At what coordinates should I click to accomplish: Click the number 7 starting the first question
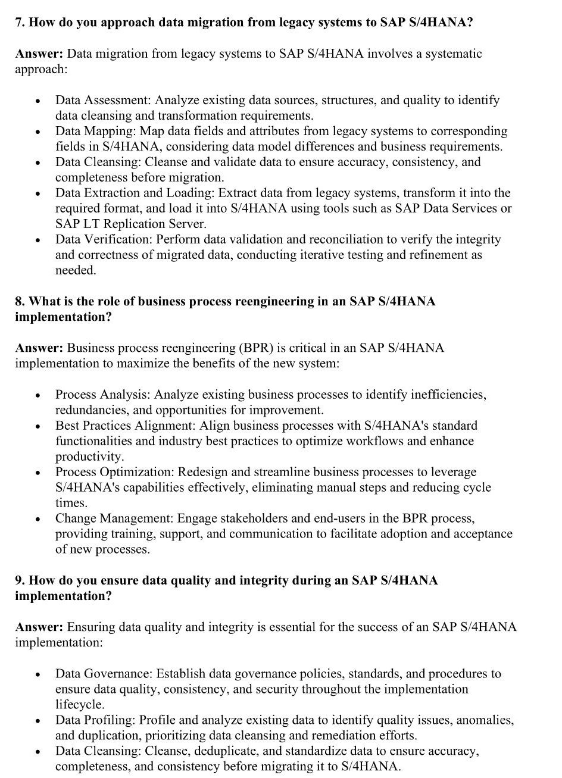pyautogui.click(x=19, y=23)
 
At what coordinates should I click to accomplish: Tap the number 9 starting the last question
pyautogui.click(x=19, y=580)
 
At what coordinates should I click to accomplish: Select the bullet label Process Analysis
pyautogui.click(x=103, y=394)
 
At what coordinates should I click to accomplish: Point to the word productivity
pyautogui.click(x=89, y=457)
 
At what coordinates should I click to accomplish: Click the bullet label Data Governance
pyautogui.click(x=104, y=673)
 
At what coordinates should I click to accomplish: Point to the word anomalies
pyautogui.click(x=485, y=720)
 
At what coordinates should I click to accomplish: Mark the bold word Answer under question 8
pyautogui.click(x=39, y=348)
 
